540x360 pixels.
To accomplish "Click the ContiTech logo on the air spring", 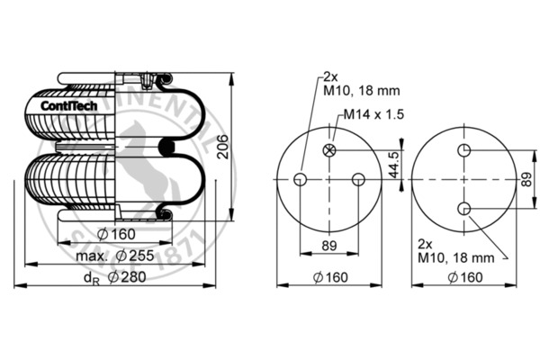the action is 69,106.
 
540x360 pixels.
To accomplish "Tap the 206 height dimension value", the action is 223,147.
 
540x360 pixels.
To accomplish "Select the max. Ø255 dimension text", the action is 115,256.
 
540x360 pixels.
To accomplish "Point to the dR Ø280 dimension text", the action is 115,277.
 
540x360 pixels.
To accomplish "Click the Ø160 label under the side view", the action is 116,234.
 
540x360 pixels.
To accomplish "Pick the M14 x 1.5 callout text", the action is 374,114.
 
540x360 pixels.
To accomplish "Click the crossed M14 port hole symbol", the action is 329,150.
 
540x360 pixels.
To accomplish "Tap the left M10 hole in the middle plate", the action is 301,179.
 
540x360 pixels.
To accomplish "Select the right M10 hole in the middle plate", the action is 358,179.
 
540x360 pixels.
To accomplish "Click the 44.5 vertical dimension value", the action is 395,165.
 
